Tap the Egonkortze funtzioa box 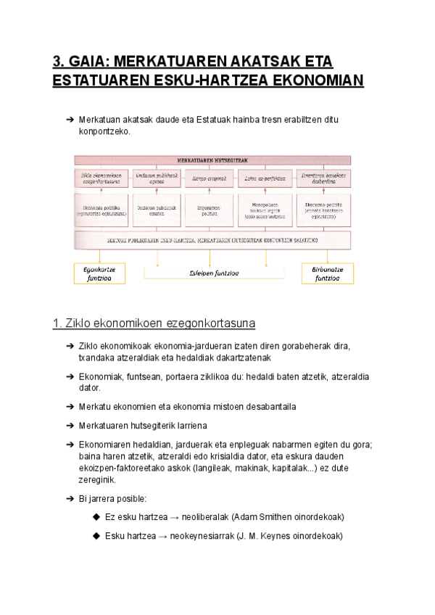click(99, 273)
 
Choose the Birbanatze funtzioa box click(327, 273)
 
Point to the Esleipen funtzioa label click(213, 273)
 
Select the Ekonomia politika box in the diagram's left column click(101, 210)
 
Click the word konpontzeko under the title click(104, 132)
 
